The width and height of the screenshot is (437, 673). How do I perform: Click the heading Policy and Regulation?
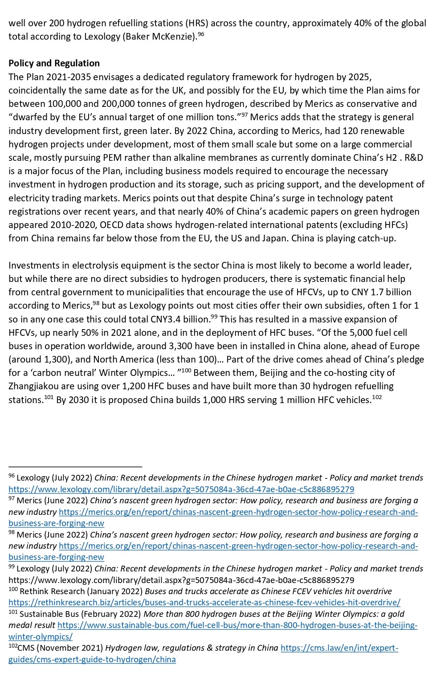(x=54, y=63)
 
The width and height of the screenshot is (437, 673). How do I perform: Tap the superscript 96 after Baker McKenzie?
(x=201, y=34)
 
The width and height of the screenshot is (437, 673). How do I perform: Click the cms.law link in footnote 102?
(x=339, y=648)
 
